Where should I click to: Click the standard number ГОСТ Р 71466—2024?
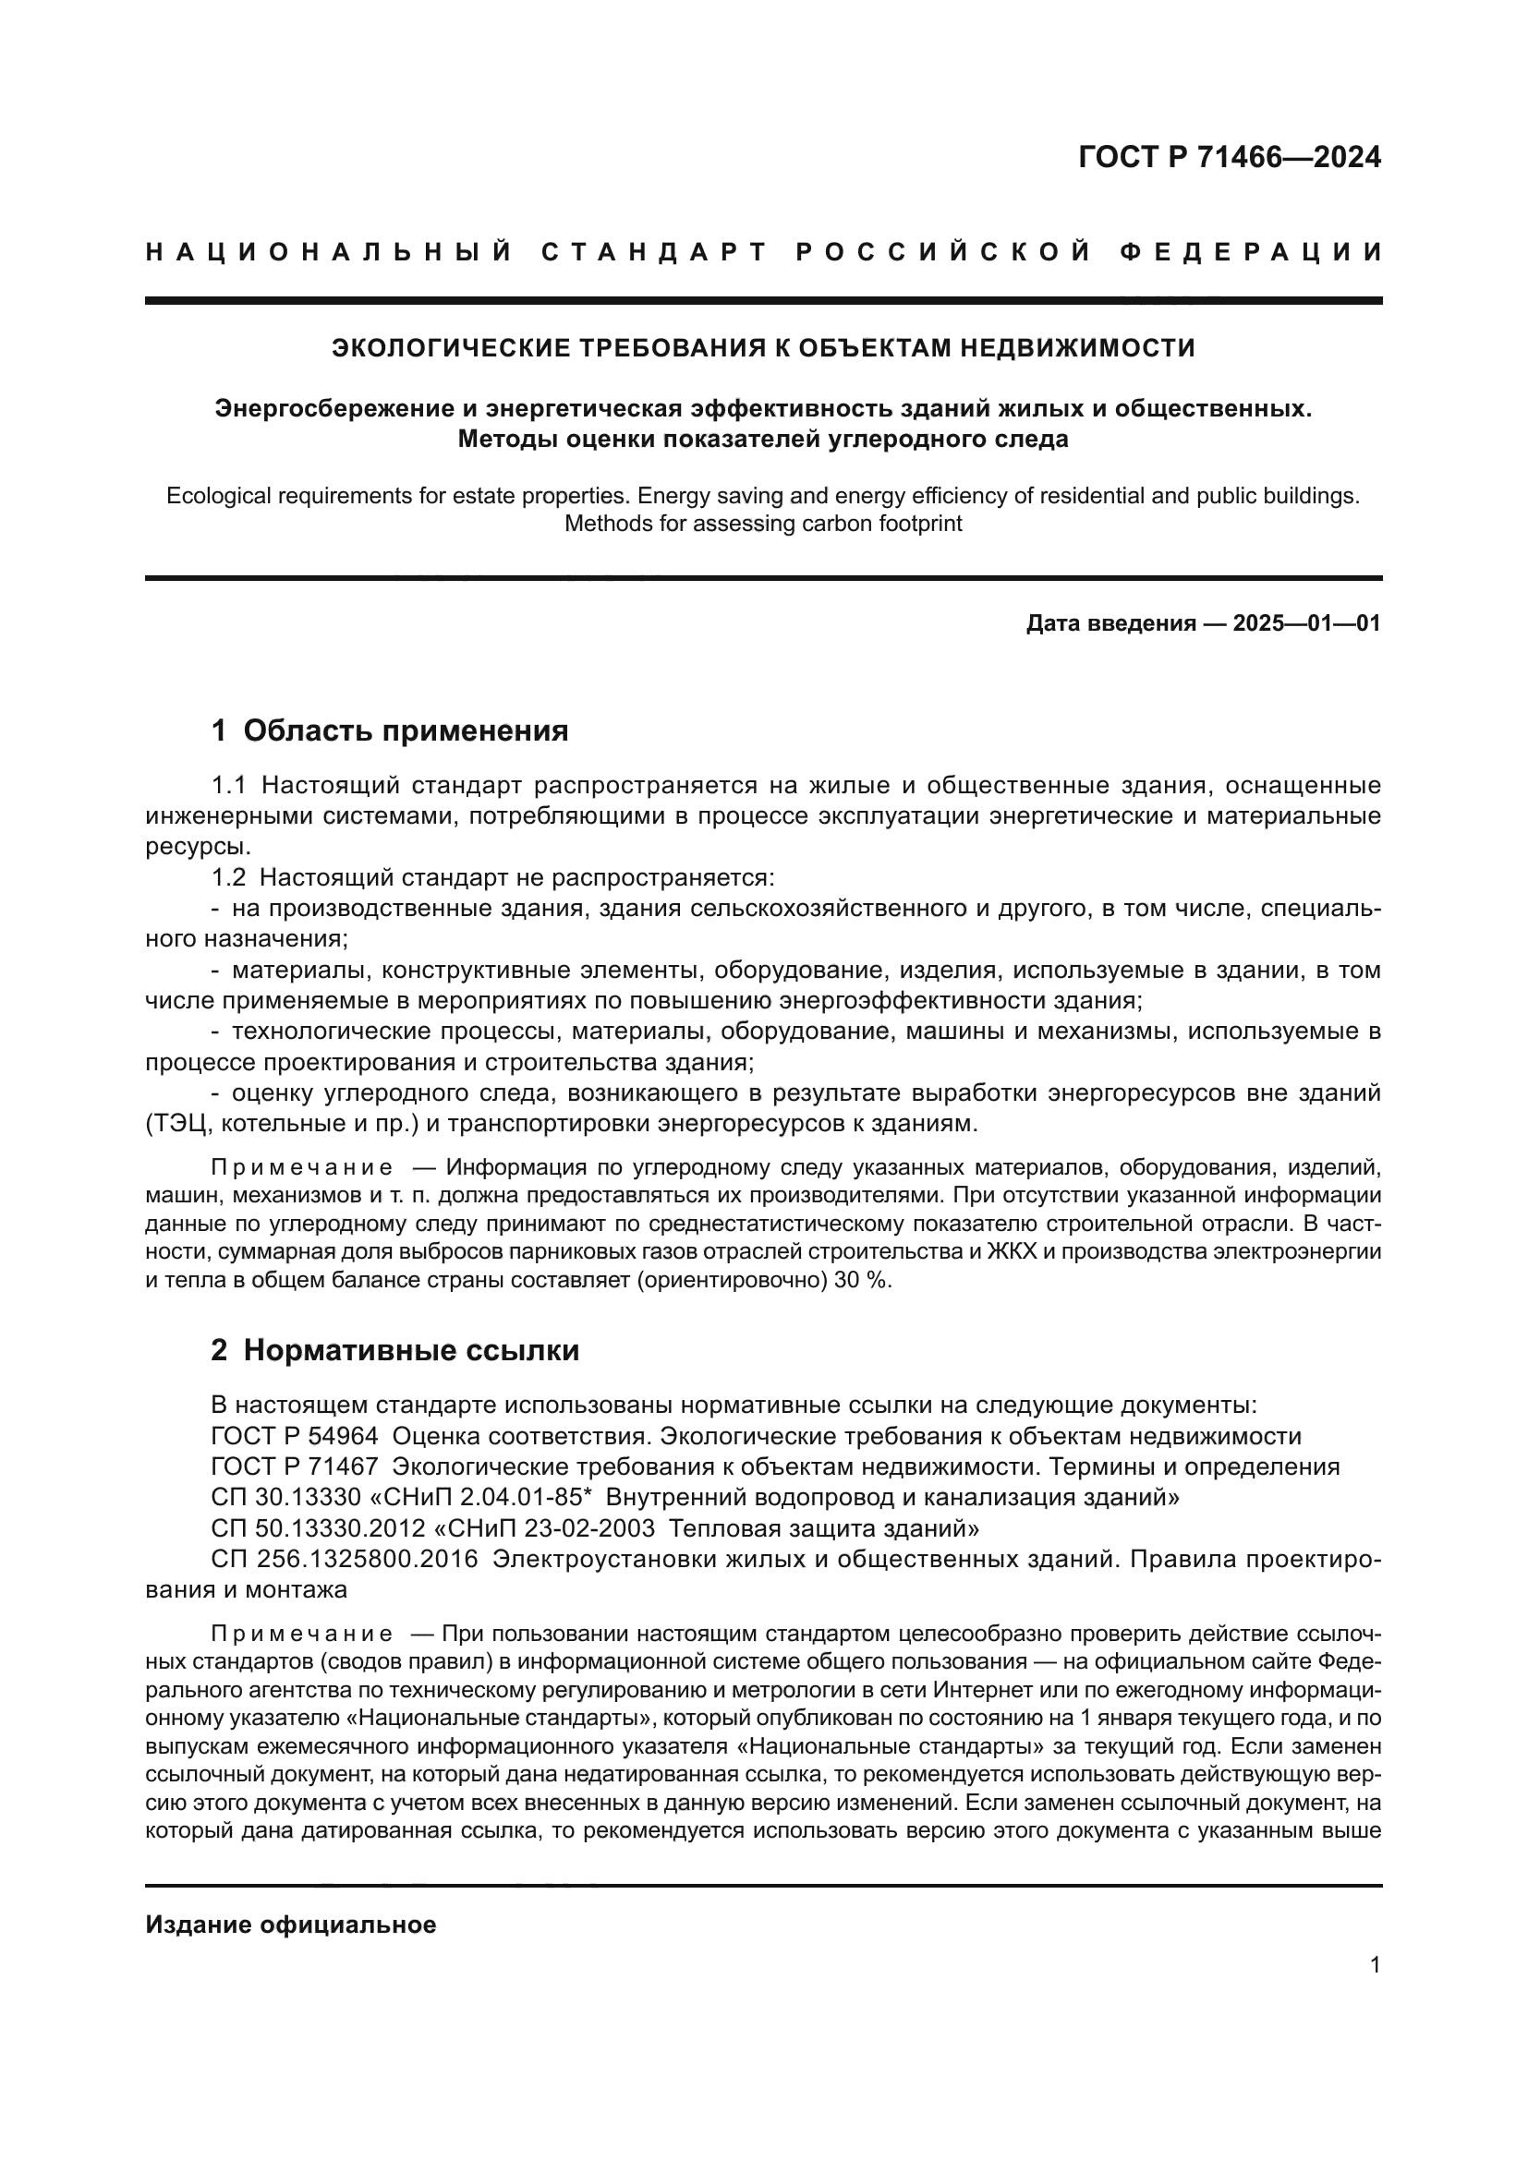coord(1229,157)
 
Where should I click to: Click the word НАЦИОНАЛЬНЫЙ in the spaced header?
coord(329,252)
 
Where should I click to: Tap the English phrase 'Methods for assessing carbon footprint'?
coord(763,524)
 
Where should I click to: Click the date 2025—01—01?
coord(1307,622)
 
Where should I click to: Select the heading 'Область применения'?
coord(406,730)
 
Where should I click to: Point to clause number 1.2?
coord(227,877)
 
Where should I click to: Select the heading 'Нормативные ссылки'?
coord(411,1350)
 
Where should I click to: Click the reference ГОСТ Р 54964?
coord(295,1437)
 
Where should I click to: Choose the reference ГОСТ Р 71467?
coord(295,1466)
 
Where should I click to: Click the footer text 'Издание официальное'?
coord(291,1924)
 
